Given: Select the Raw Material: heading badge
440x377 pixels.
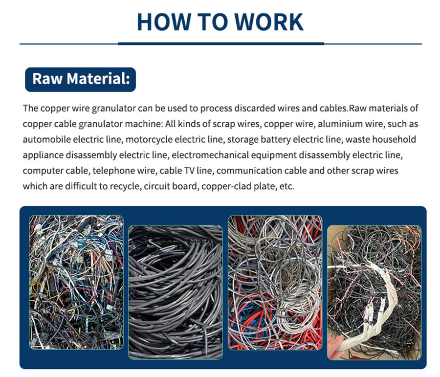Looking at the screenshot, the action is tap(80, 79).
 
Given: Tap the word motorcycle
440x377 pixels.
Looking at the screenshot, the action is tap(149, 140).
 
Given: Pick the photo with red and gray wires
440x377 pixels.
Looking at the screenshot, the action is tap(275, 283).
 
